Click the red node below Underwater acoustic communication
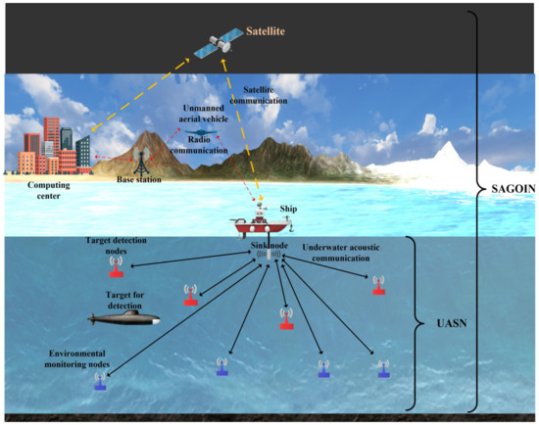pyautogui.click(x=377, y=284)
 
